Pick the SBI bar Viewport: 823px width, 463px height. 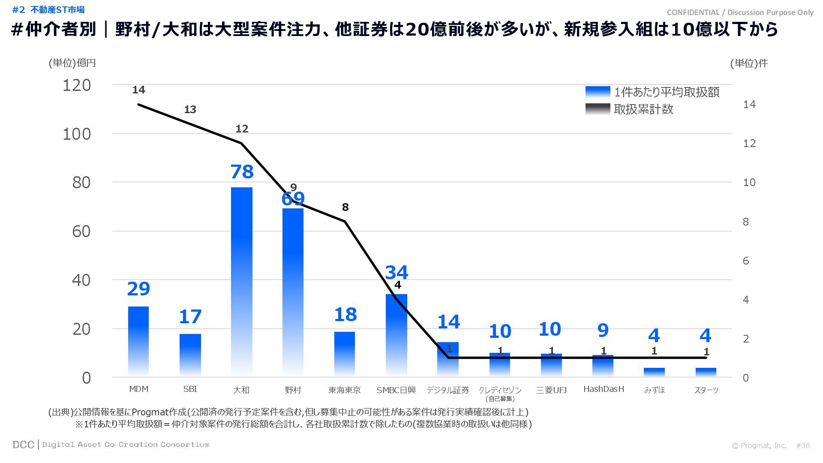(x=190, y=355)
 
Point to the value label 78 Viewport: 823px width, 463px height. (x=242, y=172)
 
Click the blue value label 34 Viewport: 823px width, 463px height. (x=396, y=273)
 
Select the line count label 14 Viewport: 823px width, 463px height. (x=138, y=90)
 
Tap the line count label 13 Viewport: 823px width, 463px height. (x=190, y=110)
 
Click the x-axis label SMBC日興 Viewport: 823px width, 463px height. (x=396, y=390)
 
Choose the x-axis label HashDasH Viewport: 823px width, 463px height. (x=604, y=389)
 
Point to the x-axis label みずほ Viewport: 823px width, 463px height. (x=655, y=390)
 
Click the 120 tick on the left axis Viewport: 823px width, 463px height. (x=77, y=85)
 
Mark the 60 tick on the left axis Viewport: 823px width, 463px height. (x=81, y=231)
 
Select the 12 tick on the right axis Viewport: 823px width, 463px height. (x=749, y=144)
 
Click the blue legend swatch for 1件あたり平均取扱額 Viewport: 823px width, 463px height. (x=598, y=92)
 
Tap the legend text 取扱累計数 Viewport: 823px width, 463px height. (x=643, y=109)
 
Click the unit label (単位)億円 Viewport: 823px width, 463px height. (x=72, y=63)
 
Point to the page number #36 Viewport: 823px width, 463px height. (x=803, y=445)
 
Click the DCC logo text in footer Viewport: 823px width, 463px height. (x=23, y=445)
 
